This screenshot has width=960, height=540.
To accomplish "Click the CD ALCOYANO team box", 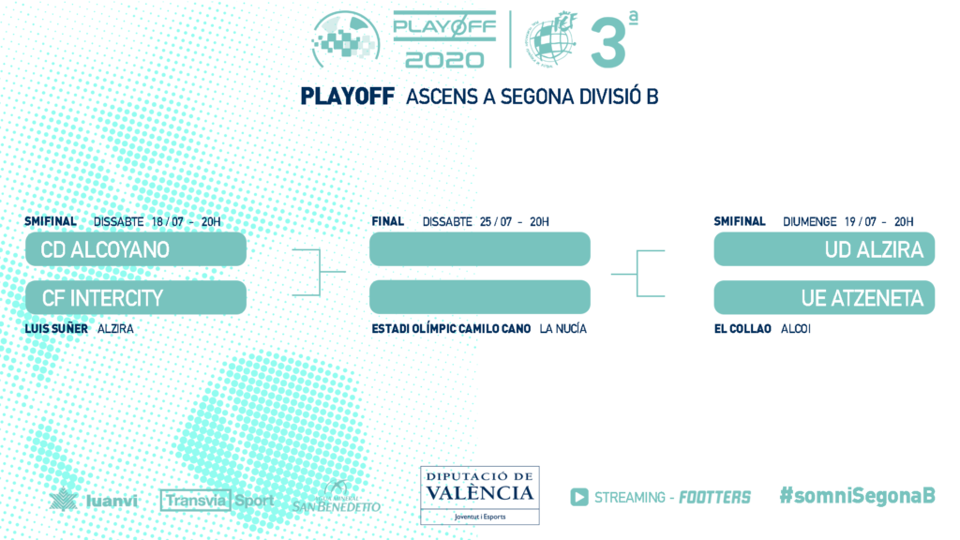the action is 136,249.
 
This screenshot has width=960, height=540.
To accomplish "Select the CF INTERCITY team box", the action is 136,297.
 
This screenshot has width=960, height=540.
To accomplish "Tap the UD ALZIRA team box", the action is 824,249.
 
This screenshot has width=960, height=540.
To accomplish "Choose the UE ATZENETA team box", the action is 824,297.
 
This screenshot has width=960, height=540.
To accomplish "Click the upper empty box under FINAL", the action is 480,249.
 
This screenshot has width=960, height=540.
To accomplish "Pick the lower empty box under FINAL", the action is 480,297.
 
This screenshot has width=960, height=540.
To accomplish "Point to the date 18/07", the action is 168,221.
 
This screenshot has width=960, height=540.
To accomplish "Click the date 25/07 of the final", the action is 496,221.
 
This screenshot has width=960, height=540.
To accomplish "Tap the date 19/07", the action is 861,221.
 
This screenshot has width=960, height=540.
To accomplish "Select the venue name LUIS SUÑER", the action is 56,329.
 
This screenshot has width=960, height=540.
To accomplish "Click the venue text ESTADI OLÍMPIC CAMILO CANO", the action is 451,329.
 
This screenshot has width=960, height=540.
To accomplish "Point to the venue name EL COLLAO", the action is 742,329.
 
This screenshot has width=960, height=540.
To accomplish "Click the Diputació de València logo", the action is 480,495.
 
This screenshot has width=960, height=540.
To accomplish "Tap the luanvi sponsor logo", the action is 94,500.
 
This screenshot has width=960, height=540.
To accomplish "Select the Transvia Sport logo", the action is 217,501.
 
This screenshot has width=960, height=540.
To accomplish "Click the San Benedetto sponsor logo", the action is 337,497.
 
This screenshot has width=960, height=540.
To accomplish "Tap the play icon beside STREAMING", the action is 579,497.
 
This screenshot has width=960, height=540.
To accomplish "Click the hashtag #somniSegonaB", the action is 857,495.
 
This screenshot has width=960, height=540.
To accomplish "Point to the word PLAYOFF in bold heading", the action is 347,97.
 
